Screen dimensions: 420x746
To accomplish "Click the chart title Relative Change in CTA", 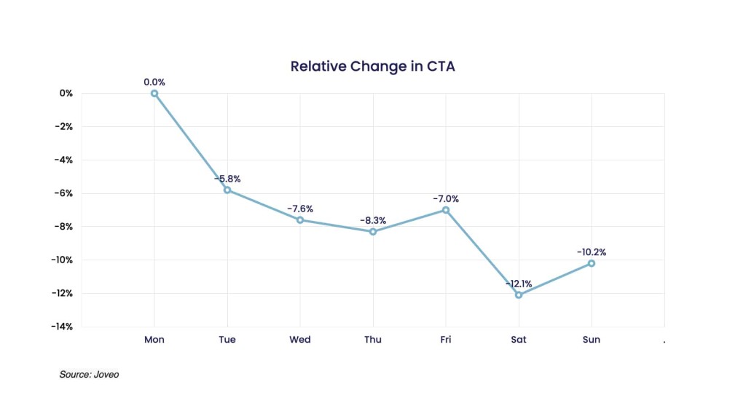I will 372,66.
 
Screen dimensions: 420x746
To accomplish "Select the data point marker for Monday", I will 154,93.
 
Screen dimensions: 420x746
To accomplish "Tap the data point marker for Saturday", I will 519,295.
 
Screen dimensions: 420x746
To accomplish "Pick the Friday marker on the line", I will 446,210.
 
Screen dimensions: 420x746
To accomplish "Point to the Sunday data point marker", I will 592,263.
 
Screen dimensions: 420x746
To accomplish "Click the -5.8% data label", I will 227,179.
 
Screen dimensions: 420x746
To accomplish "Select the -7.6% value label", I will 300,209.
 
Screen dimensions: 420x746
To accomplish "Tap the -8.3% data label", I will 373,220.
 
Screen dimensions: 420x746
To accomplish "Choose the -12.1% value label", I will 519,284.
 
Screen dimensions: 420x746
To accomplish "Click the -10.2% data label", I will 592,252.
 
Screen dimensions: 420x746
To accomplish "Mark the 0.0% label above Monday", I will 154,82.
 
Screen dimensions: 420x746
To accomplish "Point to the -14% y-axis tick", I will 61,327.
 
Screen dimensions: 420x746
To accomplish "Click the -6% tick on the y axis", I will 63,193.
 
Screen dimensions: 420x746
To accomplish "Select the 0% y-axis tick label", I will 66,93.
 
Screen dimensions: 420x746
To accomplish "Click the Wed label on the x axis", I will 300,340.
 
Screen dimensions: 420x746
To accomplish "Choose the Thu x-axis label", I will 373,340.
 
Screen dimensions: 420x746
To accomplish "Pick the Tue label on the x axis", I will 227,340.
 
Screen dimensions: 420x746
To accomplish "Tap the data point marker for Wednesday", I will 300,219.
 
